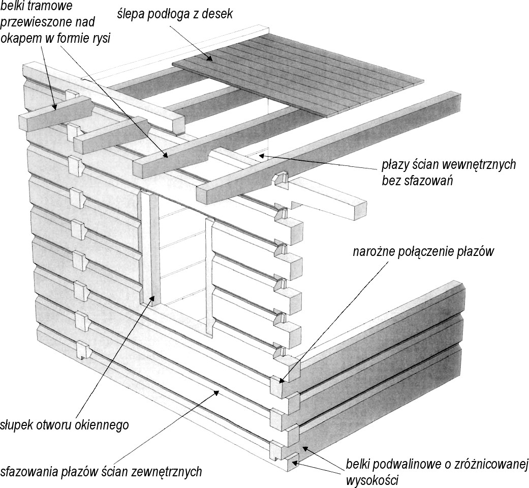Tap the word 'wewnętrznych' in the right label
[x=482, y=165]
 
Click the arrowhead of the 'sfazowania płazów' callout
[x=217, y=392]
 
